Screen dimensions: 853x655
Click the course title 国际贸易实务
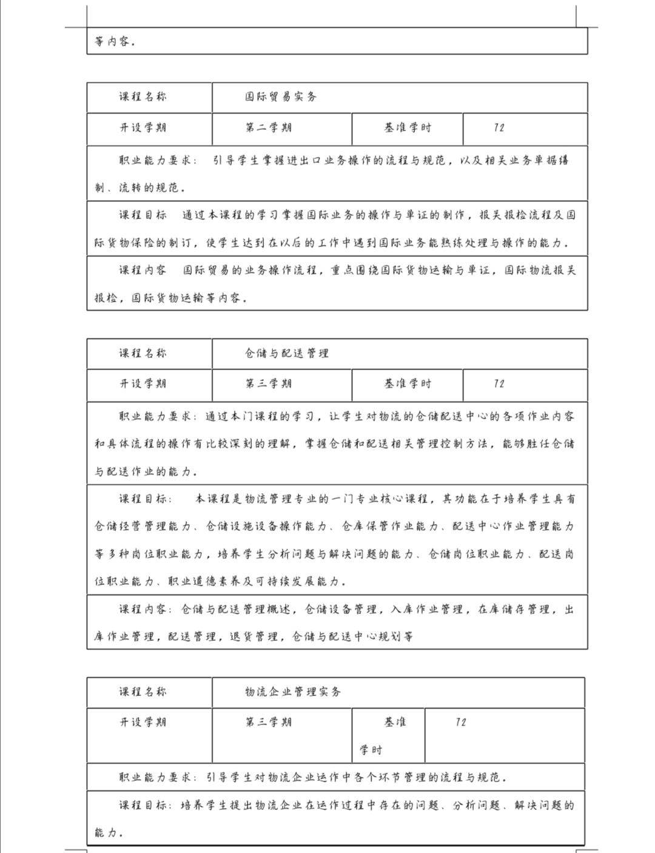[x=281, y=97]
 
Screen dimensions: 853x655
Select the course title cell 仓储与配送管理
[x=287, y=353]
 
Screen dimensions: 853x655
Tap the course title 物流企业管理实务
[x=293, y=692]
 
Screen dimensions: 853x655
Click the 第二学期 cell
[x=269, y=128]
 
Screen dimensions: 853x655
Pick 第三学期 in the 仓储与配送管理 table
[x=269, y=384]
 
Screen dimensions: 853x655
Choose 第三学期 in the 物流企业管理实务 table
[x=269, y=723]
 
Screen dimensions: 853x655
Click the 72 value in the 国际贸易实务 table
[x=499, y=128]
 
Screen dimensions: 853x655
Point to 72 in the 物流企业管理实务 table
[x=461, y=723]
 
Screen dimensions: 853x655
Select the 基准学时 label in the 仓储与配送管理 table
[x=408, y=384]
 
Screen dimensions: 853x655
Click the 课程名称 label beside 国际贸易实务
[x=143, y=97]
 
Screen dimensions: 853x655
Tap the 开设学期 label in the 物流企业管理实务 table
[x=143, y=723]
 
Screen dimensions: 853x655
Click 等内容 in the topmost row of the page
[x=115, y=42]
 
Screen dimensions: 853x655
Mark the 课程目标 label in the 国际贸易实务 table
[x=143, y=215]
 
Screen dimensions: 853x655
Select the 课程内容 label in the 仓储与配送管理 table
[x=143, y=610]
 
